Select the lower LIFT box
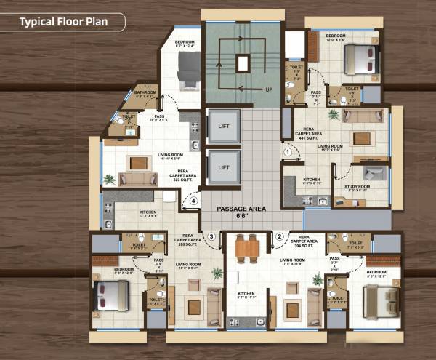click(x=223, y=169)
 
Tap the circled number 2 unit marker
click(x=279, y=236)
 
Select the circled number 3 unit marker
click(x=211, y=236)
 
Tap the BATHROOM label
click(x=145, y=92)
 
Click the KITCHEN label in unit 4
click(x=148, y=213)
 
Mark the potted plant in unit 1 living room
click(x=334, y=114)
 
